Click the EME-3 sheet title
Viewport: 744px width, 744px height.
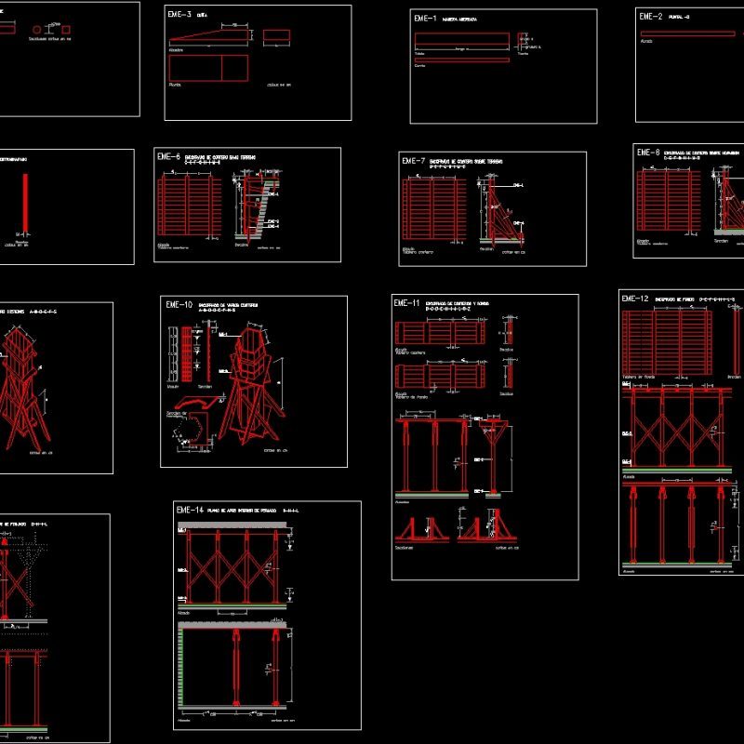coord(179,15)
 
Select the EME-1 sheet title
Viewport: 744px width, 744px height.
coord(426,18)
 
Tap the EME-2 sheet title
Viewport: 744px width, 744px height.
coord(650,16)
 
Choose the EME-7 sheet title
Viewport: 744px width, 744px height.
coord(413,161)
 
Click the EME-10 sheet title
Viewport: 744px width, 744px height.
coord(179,305)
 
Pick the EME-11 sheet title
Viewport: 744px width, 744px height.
coord(407,303)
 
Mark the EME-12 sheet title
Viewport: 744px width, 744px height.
coord(634,299)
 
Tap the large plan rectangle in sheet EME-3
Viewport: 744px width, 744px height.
coord(208,68)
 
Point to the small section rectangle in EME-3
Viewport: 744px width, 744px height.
coord(276,35)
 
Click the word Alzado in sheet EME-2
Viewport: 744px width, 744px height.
coord(646,41)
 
